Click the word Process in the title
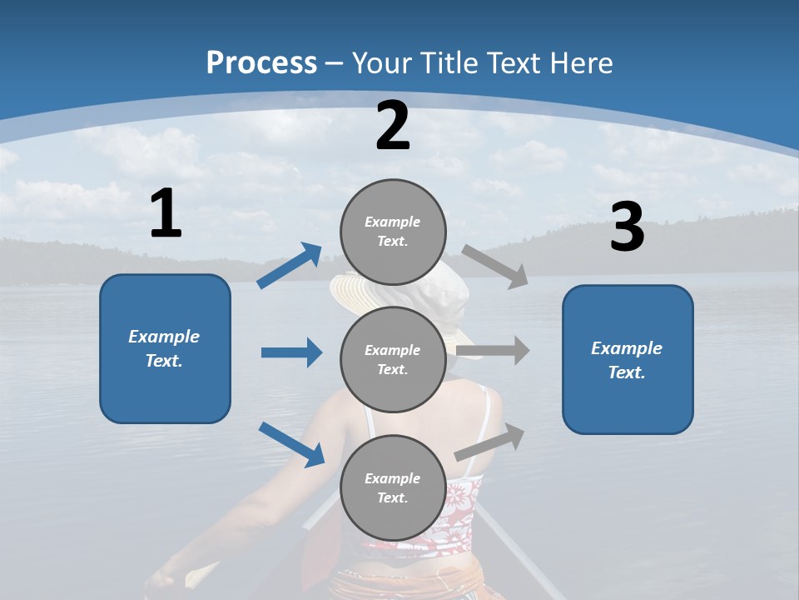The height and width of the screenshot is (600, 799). (261, 63)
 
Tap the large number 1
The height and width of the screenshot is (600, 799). (166, 214)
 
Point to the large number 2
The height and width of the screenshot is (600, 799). (393, 126)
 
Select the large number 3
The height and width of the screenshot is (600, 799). (627, 228)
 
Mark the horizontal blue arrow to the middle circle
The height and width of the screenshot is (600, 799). (291, 352)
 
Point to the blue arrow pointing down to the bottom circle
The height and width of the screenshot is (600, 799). (291, 443)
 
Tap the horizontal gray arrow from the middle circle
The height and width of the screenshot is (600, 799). (492, 350)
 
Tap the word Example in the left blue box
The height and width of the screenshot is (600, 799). (164, 337)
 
